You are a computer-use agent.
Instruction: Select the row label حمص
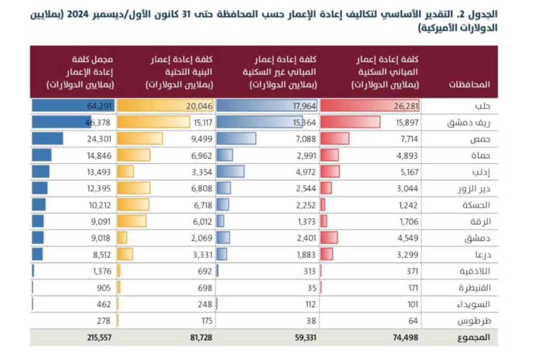tap(481, 139)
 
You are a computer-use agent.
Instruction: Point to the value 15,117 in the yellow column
tap(201, 123)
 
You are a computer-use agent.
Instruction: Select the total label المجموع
tap(475, 337)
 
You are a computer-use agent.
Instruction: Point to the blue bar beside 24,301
tap(47, 139)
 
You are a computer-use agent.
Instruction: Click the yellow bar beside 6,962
tap(134, 155)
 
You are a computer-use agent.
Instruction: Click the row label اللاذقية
tap(474, 271)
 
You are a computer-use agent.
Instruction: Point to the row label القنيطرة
tap(474, 287)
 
